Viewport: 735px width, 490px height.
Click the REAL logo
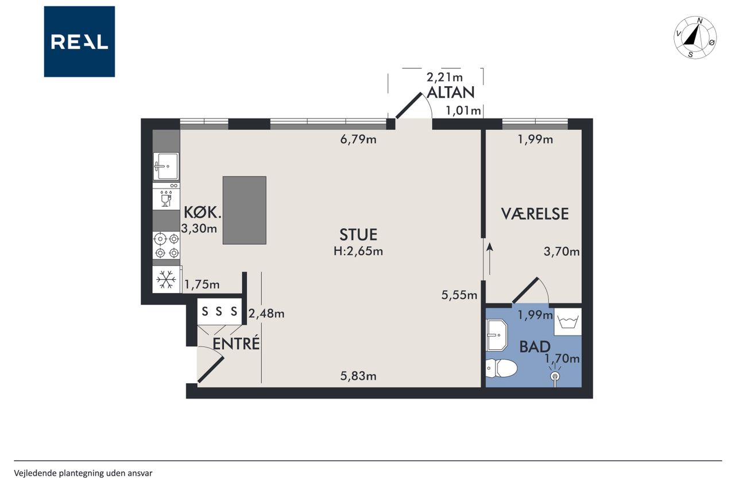(79, 42)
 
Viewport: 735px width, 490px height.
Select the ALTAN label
(451, 92)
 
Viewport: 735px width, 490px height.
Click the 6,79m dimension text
(358, 140)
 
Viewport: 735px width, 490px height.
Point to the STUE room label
(358, 235)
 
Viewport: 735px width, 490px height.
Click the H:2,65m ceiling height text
(358, 252)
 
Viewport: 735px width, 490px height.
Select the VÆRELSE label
(535, 214)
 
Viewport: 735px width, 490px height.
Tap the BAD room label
(535, 347)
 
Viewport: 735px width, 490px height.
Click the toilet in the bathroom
(501, 368)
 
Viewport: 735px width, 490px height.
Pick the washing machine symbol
(568, 322)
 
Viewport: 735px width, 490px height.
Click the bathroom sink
(497, 335)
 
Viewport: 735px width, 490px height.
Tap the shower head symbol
(555, 376)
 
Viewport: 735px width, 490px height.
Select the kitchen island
(245, 210)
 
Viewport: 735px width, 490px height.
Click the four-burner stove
(167, 245)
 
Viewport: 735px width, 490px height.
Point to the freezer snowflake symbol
(166, 280)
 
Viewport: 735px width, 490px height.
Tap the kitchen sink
(167, 167)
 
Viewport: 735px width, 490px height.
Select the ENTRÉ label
(236, 344)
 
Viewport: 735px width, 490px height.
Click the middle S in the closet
(219, 311)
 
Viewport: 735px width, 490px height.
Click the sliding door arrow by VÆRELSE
(490, 259)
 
